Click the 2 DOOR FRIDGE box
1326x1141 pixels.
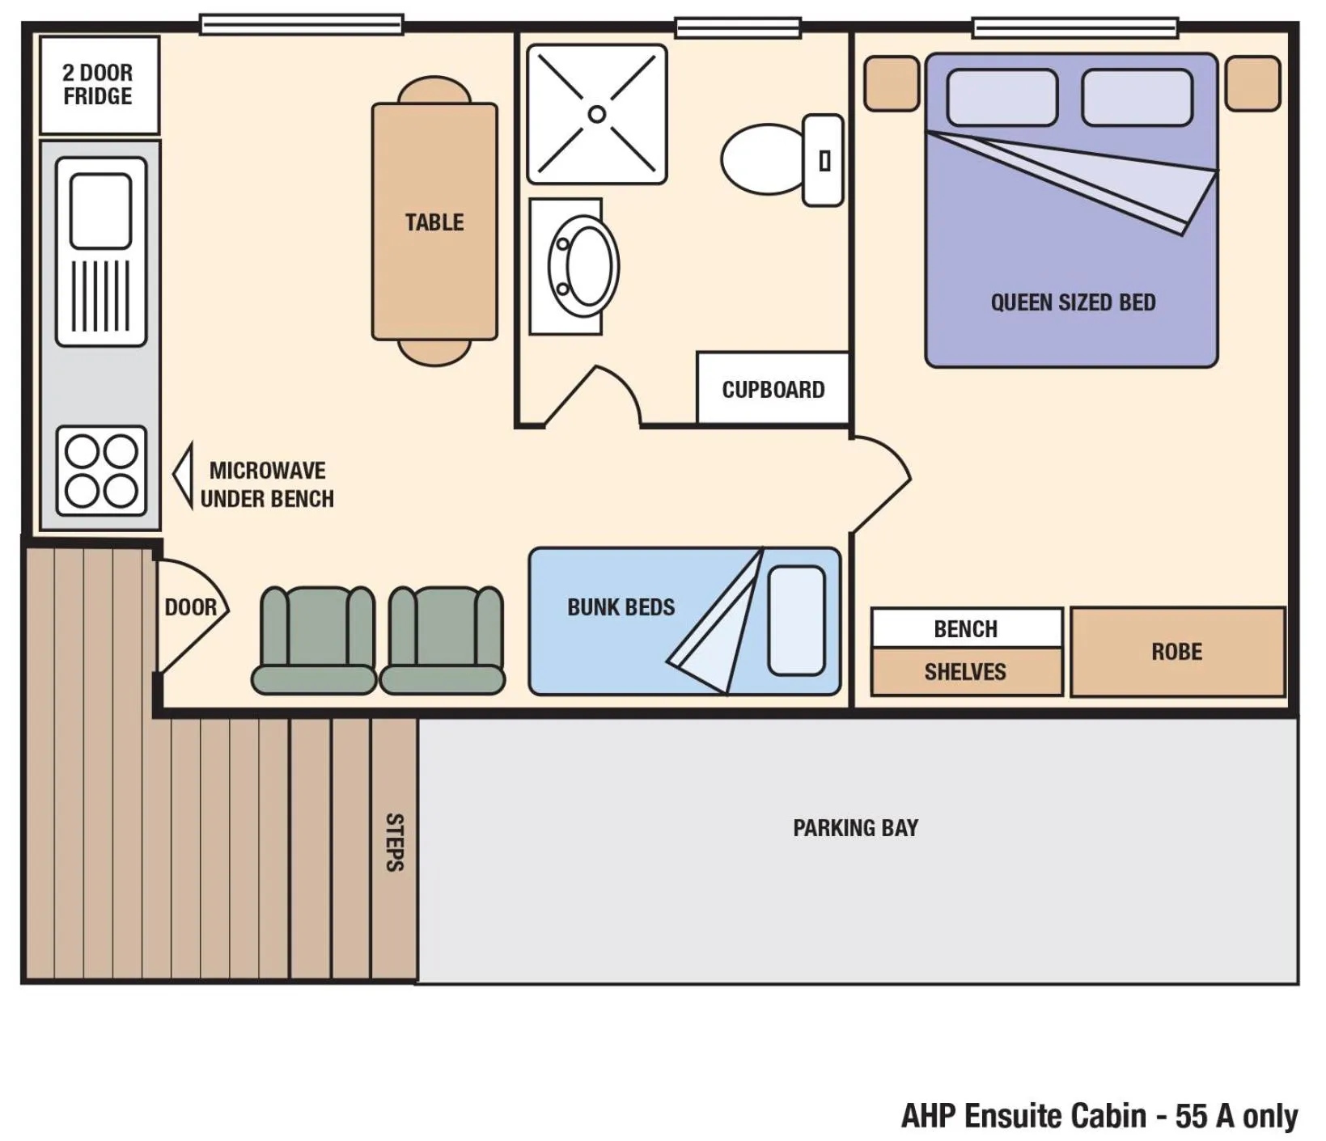click(99, 85)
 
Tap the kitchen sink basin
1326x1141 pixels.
click(100, 210)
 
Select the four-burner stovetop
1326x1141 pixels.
click(101, 471)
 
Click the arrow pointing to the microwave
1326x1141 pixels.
click(184, 475)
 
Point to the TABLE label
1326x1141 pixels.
click(434, 222)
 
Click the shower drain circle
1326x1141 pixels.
click(597, 114)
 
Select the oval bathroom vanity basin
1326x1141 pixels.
click(585, 266)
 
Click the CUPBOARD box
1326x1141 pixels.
click(773, 389)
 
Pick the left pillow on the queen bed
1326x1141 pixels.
click(1002, 98)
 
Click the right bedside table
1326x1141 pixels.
click(1252, 83)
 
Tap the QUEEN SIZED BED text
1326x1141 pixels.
click(1073, 302)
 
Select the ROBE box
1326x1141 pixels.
click(1177, 652)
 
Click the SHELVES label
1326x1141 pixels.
click(965, 672)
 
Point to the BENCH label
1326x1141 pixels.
click(965, 628)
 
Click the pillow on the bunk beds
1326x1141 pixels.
click(796, 620)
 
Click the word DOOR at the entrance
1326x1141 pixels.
click(190, 607)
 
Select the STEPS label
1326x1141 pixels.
click(394, 842)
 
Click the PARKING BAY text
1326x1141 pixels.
click(855, 828)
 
